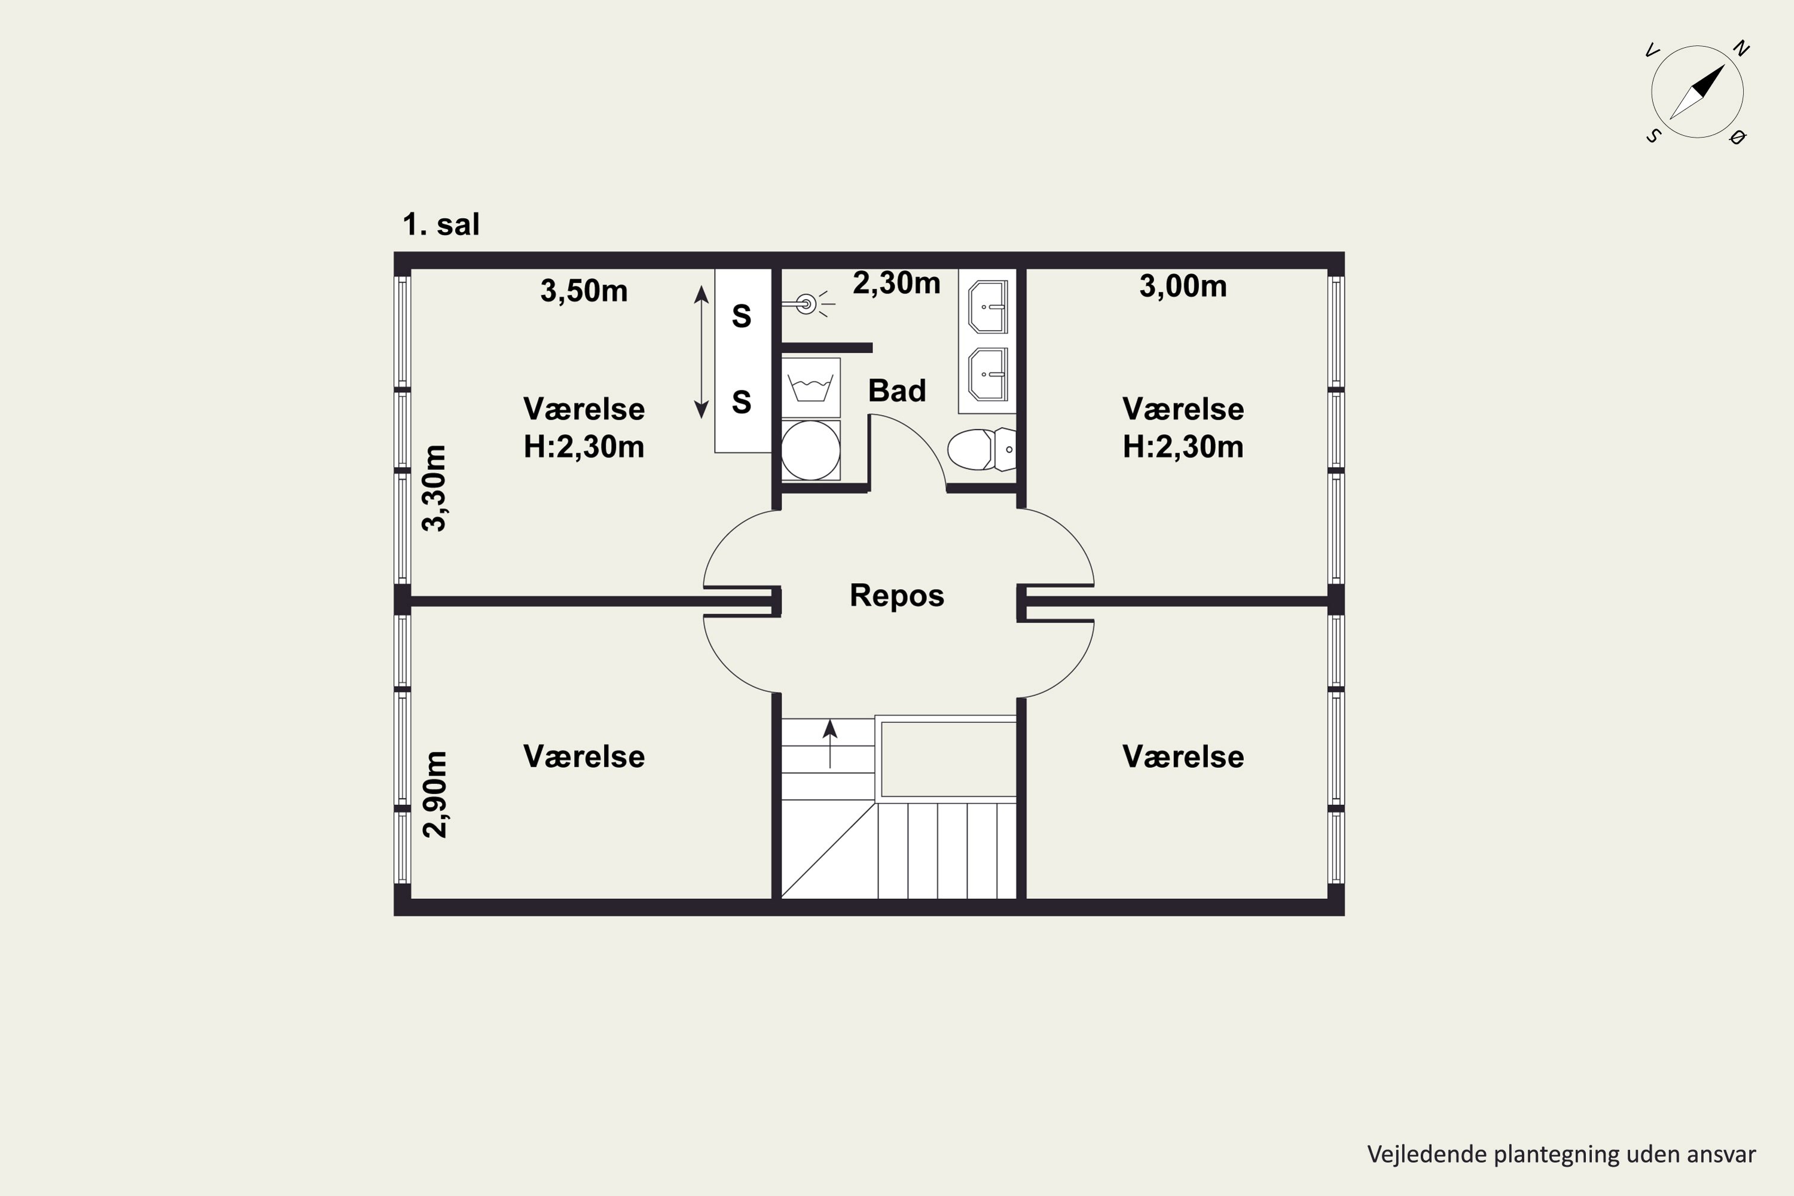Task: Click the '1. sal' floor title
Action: pos(441,224)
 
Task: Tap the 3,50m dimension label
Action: pos(584,291)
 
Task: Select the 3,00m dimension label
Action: pos(1183,286)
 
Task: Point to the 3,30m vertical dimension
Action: pos(435,488)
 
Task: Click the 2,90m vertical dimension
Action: pos(435,794)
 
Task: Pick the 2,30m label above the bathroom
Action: pos(896,283)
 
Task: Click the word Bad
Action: pos(897,390)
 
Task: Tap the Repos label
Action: pos(897,595)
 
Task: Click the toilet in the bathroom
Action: pos(982,449)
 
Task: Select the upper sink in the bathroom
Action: pos(988,307)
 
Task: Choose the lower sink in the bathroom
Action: pos(988,374)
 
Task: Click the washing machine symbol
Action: pos(811,388)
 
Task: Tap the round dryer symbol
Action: pos(811,451)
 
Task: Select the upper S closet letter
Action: pos(742,316)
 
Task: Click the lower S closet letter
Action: pos(742,401)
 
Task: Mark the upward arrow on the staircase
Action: pos(830,744)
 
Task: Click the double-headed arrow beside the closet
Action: pos(701,352)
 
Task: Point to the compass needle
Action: pos(1697,92)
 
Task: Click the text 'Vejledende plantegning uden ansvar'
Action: pos(1561,1154)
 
